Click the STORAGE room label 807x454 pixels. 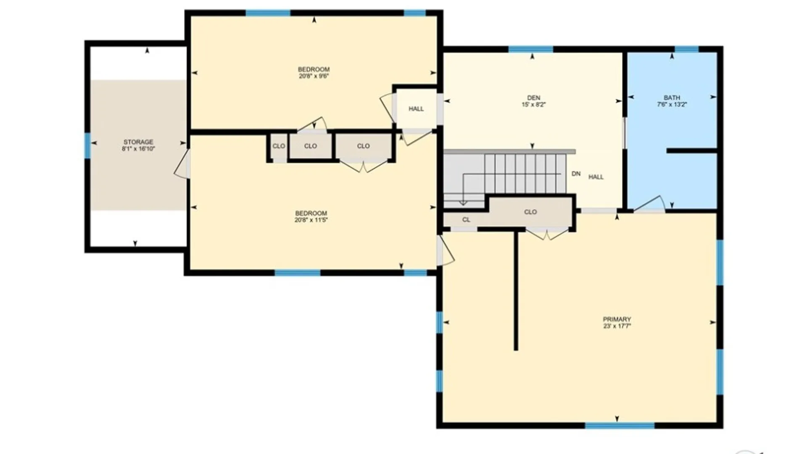point(138,142)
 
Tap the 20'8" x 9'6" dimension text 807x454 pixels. point(314,76)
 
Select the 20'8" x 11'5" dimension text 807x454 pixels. point(311,220)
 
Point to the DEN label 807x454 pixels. point(534,98)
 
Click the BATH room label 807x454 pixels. point(672,98)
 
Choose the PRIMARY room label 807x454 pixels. point(617,319)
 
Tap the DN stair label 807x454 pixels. point(576,174)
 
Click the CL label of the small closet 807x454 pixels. point(466,219)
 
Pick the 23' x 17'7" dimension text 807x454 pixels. point(617,326)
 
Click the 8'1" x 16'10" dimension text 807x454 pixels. point(138,149)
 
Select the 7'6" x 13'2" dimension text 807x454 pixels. point(672,104)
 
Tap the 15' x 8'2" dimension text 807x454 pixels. point(534,104)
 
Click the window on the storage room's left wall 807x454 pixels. point(87,145)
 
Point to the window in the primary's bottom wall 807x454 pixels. point(620,425)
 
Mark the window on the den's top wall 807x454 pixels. point(531,49)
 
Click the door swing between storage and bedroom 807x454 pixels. point(182,164)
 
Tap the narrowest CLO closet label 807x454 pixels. point(279,146)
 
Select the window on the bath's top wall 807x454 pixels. point(686,49)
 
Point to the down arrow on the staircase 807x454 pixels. point(463,203)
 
